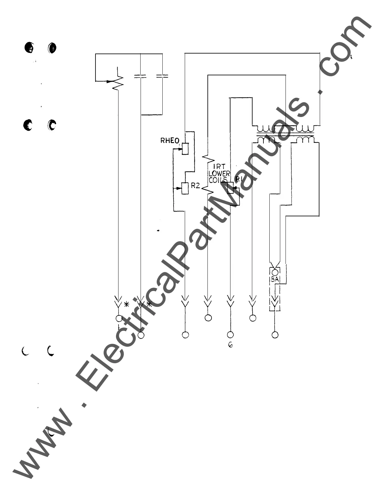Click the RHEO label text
[x=170, y=141]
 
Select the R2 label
[x=195, y=186]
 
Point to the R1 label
[x=239, y=179]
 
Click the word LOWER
[x=219, y=174]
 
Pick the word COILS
[x=218, y=180]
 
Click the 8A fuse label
[x=274, y=279]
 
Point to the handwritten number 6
[x=230, y=345]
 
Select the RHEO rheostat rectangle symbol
[x=185, y=148]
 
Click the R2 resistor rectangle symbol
[x=185, y=188]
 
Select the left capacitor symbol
[x=140, y=76]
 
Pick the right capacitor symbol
[x=162, y=76]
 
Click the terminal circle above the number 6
[x=230, y=335]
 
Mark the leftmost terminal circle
[x=118, y=318]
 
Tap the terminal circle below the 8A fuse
[x=275, y=335]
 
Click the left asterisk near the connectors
[x=127, y=304]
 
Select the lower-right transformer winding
[x=305, y=140]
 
